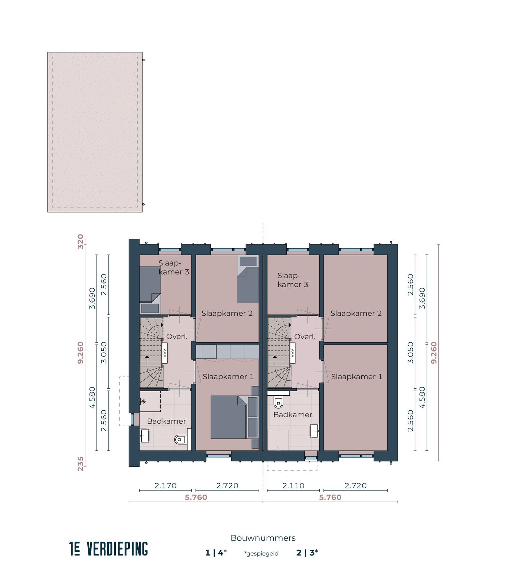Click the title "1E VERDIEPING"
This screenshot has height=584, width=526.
pyautogui.click(x=108, y=549)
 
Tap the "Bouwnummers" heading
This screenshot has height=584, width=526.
pyautogui.click(x=263, y=538)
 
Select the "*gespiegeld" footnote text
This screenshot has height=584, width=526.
pyautogui.click(x=261, y=554)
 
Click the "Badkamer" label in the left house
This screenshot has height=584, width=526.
pyautogui.click(x=166, y=421)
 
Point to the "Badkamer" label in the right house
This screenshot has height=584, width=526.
pyautogui.click(x=293, y=415)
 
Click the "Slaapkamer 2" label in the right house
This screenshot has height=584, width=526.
pyautogui.click(x=356, y=313)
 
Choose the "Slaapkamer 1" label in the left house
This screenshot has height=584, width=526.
pyautogui.click(x=228, y=377)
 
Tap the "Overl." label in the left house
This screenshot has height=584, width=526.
pyautogui.click(x=177, y=337)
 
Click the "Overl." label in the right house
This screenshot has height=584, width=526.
pyautogui.click(x=305, y=337)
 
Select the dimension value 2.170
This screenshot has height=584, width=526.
pyautogui.click(x=165, y=485)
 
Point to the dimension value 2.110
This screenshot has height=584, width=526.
pyautogui.click(x=293, y=485)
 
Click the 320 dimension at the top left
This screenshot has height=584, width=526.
pyautogui.click(x=80, y=242)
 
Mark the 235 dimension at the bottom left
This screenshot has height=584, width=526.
pyautogui.click(x=80, y=464)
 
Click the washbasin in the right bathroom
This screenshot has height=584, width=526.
pyautogui.click(x=315, y=431)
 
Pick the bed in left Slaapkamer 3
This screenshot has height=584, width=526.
pyautogui.click(x=150, y=283)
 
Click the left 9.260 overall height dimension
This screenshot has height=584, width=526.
pyautogui.click(x=80, y=353)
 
